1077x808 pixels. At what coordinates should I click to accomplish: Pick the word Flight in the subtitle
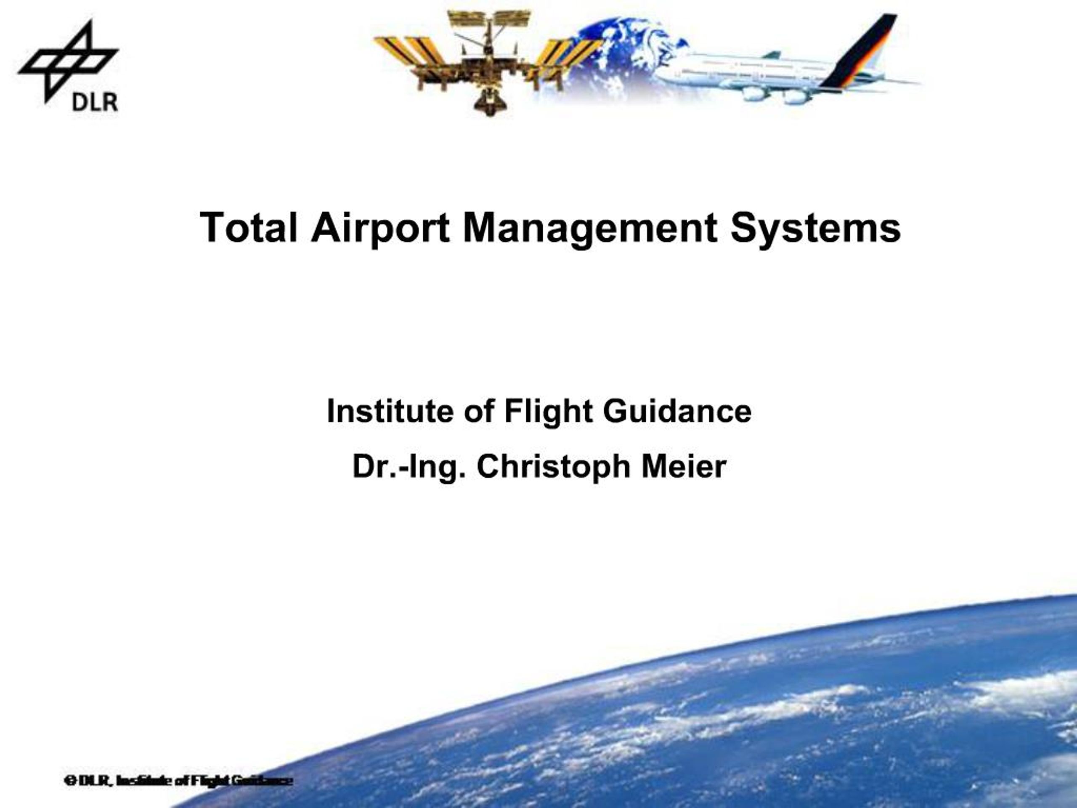pos(548,411)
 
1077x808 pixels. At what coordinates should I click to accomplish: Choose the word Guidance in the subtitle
pos(677,411)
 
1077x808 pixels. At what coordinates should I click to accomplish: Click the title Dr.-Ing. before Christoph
pos(408,467)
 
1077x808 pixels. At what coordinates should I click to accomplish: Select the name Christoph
pos(554,467)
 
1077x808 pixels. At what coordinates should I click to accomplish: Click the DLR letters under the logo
pos(95,102)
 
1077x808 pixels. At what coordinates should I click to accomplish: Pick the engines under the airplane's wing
pos(774,95)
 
